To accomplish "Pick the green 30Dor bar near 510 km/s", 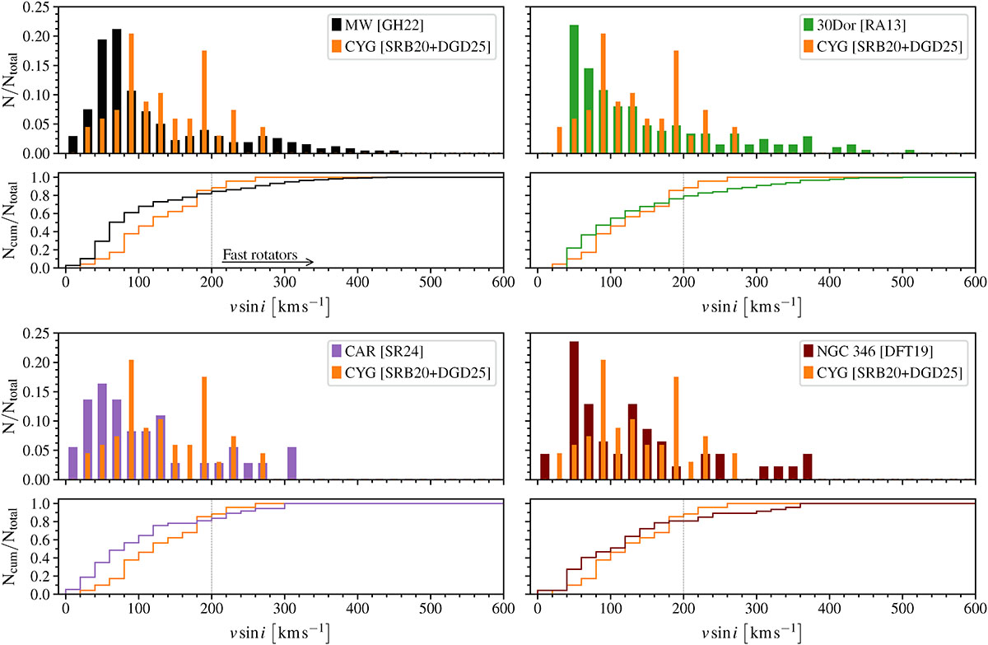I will coord(910,152).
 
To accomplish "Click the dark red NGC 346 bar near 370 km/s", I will coord(808,467).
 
